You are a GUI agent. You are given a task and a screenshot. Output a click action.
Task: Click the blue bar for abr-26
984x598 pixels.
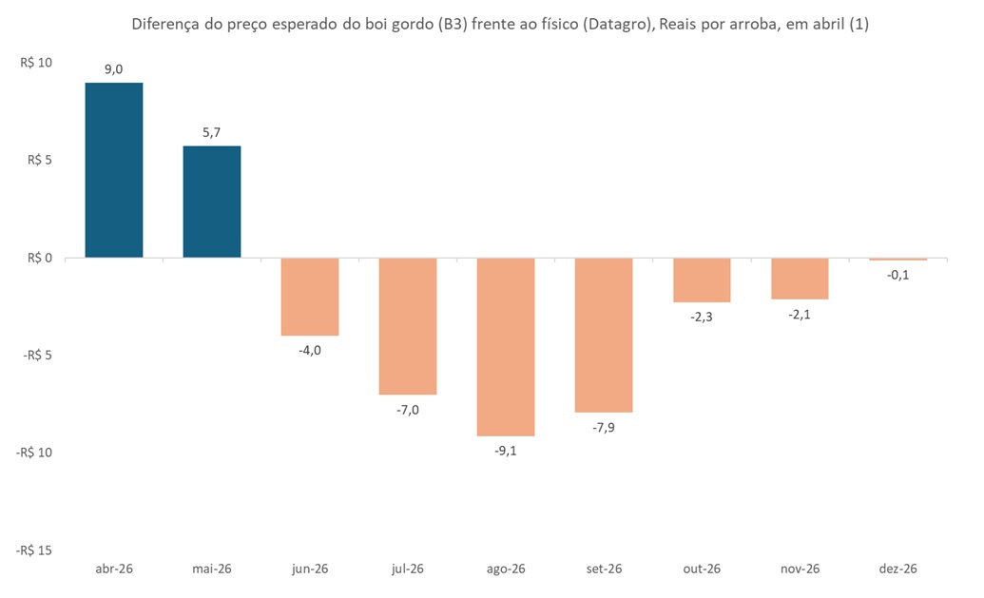point(114,170)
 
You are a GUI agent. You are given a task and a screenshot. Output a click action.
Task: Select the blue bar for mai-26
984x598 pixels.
point(212,202)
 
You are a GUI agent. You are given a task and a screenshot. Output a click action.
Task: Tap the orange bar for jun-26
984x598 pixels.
point(310,297)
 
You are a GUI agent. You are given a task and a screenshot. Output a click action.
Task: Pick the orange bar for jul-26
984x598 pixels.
point(408,326)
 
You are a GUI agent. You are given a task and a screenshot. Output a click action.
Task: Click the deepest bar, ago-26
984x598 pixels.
point(506,347)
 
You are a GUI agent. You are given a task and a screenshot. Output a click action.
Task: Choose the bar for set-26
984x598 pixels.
point(604,335)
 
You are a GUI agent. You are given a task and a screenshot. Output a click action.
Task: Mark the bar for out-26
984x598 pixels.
point(702,280)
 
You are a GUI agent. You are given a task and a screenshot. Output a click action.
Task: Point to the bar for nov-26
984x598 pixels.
point(800,279)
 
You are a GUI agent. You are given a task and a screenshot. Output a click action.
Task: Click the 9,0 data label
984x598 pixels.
point(114,68)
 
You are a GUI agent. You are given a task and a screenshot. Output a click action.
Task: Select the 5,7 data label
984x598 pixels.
point(212,132)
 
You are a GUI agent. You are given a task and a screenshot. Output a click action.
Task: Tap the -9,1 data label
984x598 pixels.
point(506,451)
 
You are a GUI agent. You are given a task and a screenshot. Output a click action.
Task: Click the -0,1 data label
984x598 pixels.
point(897,276)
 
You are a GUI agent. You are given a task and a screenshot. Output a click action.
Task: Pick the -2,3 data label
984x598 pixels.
point(702,317)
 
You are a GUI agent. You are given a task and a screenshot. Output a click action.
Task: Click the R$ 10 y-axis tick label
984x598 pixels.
point(36,64)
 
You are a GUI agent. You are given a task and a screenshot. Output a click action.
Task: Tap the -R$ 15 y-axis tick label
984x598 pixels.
point(33,550)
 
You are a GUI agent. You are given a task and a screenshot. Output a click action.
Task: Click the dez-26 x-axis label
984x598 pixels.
point(897,569)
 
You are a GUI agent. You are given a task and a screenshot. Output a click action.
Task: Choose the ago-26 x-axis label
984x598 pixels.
point(506,569)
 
